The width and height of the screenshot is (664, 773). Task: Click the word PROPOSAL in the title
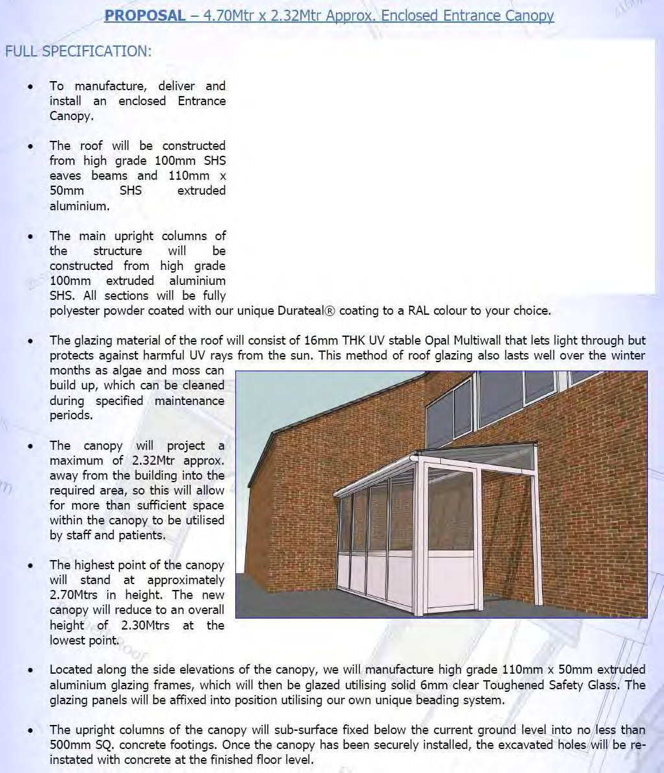(x=145, y=15)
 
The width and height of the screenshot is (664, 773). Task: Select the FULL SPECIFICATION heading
(x=78, y=51)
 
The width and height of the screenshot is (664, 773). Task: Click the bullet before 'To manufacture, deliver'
(x=30, y=86)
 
